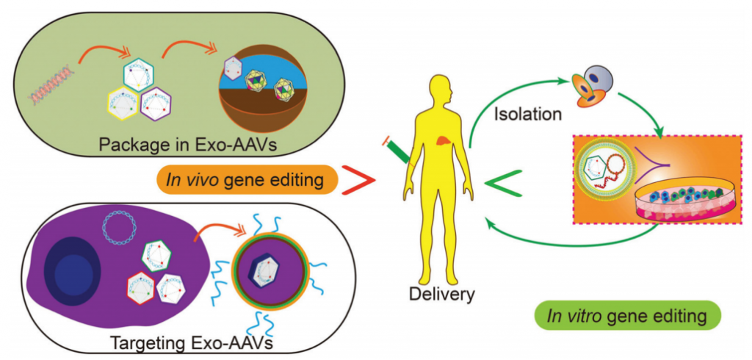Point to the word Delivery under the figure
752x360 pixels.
[x=444, y=295]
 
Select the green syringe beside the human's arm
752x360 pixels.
[x=398, y=150]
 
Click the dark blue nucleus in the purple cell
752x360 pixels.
[x=73, y=275]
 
